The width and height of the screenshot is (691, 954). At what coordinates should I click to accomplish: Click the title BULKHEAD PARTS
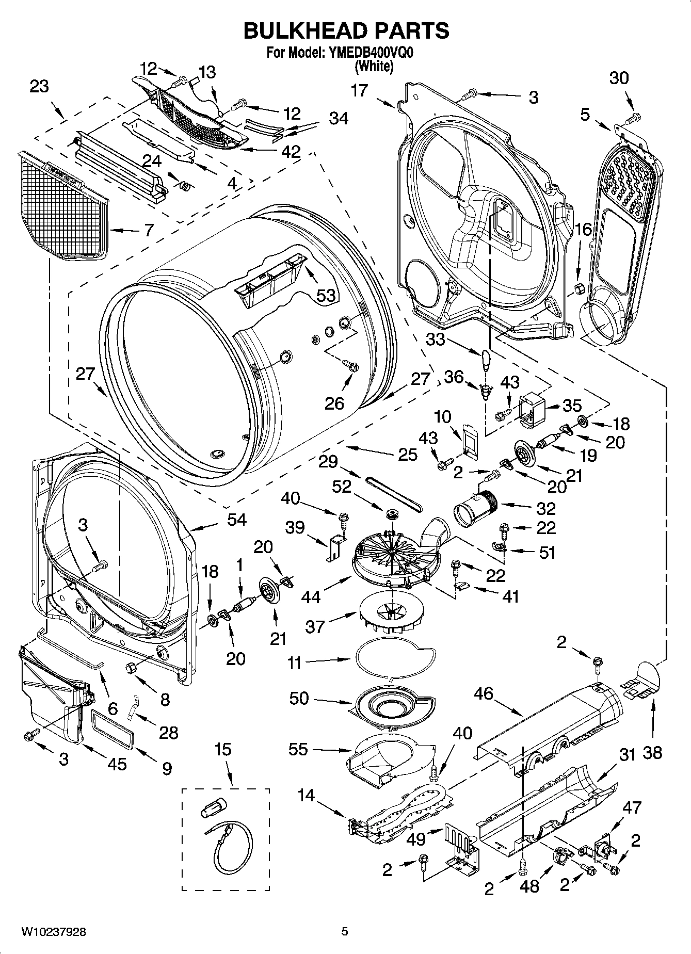[346, 31]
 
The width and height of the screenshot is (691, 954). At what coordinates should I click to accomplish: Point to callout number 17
[359, 90]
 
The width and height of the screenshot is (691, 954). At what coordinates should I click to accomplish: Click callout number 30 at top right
[619, 78]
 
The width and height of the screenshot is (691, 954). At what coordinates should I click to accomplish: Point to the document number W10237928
[53, 932]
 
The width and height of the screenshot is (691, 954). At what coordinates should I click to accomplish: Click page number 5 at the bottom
[345, 931]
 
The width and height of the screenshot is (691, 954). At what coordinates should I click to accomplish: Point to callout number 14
[306, 795]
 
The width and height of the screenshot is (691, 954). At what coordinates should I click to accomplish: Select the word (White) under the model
[374, 66]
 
